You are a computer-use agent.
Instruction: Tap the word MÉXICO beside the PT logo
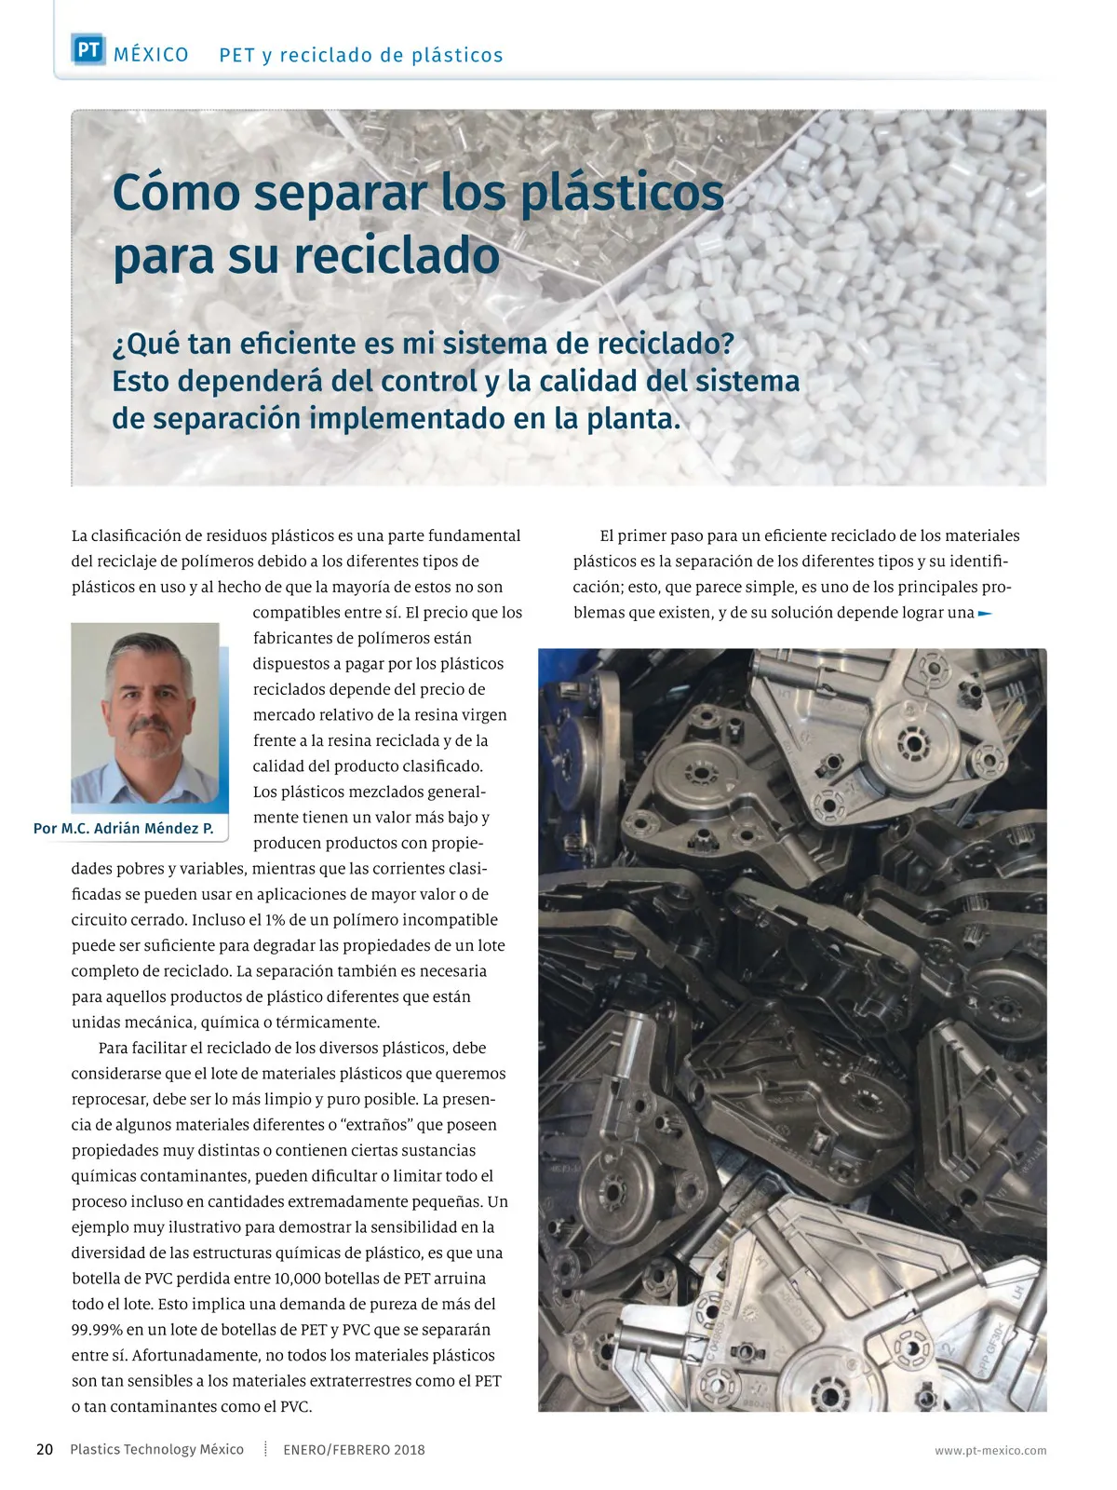(151, 55)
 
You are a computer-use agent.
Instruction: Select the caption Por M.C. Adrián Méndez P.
(124, 828)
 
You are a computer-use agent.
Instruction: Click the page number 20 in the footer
(45, 1449)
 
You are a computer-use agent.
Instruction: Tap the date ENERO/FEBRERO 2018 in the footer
(354, 1450)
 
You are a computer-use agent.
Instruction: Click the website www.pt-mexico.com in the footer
(990, 1451)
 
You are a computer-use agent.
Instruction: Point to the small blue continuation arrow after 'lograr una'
(986, 614)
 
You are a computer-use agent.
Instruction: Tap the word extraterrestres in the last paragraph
(346, 1381)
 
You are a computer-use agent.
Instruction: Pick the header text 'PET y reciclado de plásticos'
(361, 55)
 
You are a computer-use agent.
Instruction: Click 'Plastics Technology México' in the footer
(156, 1450)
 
